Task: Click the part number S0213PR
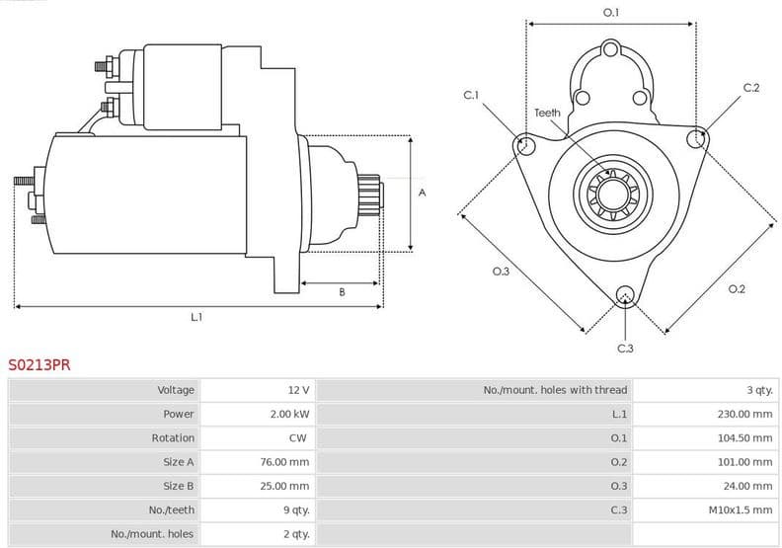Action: click(x=39, y=364)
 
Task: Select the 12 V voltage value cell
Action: click(x=298, y=390)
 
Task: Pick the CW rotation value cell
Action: click(x=297, y=437)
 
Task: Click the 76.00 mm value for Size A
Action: click(x=286, y=461)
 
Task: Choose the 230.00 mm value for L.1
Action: click(x=744, y=414)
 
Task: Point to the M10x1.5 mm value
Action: click(x=741, y=509)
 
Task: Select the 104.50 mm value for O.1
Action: click(x=744, y=437)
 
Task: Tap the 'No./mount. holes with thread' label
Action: click(x=555, y=390)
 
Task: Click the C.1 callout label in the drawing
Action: click(x=471, y=96)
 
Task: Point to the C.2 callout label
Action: click(x=750, y=88)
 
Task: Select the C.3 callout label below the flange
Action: click(x=624, y=348)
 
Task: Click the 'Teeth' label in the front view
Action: click(x=547, y=113)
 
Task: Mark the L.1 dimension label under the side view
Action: click(x=196, y=317)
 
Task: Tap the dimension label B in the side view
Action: click(x=342, y=292)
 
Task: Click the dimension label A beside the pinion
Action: click(x=422, y=193)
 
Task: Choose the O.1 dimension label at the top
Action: click(x=611, y=13)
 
